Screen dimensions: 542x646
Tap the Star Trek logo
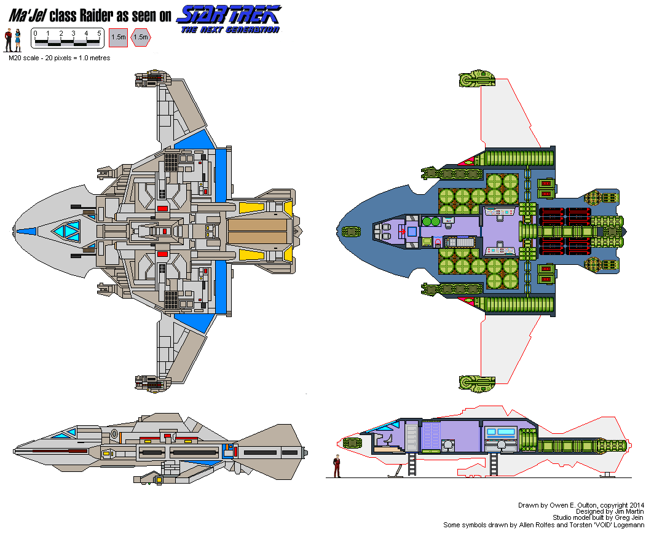[x=229, y=14]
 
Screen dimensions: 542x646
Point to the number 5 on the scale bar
[x=100, y=33]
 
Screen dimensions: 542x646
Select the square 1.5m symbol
[x=118, y=37]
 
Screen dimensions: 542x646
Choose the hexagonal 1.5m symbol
[x=141, y=37]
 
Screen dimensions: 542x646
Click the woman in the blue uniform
[x=18, y=40]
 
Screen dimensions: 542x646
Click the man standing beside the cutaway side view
[x=336, y=466]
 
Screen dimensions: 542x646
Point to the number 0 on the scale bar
[x=36, y=33]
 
